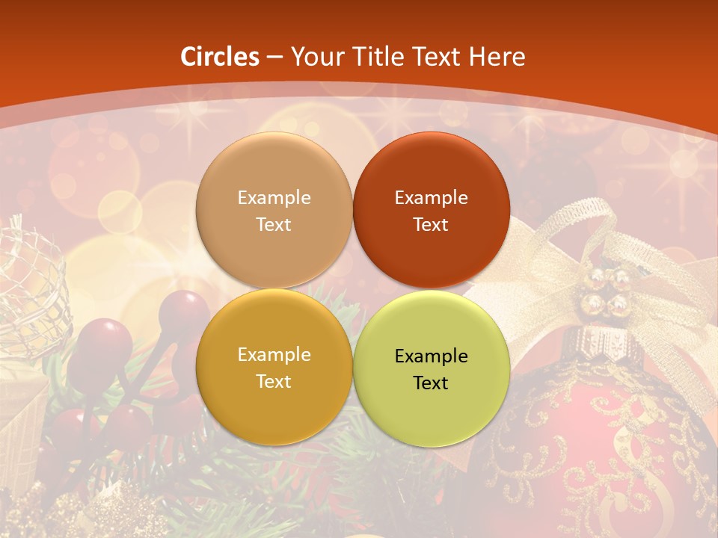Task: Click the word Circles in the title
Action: click(219, 57)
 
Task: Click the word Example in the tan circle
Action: click(274, 198)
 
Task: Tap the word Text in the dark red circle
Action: click(431, 224)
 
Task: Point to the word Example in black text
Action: click(431, 356)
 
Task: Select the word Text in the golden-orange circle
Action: click(274, 381)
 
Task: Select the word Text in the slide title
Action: click(438, 57)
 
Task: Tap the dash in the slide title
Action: click(274, 58)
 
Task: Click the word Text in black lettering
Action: click(431, 383)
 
